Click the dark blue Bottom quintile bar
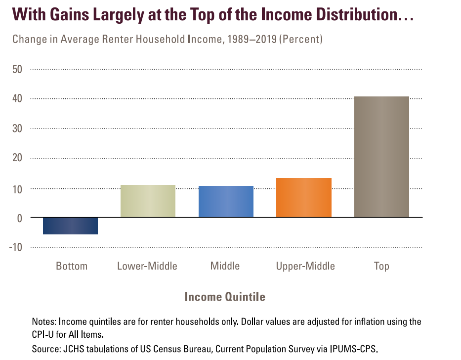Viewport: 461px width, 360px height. click(x=70, y=225)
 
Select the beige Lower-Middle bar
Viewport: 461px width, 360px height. click(x=148, y=201)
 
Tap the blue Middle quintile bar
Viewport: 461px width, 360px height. click(x=226, y=202)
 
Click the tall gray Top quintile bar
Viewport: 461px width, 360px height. click(x=381, y=157)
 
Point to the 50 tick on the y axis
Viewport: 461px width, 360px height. click(x=17, y=69)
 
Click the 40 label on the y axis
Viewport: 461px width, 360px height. click(x=17, y=99)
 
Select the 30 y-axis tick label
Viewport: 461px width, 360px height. click(x=17, y=129)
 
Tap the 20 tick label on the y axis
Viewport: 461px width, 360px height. click(x=17, y=158)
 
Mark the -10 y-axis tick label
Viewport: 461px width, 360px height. click(x=16, y=247)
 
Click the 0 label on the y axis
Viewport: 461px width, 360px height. click(x=20, y=218)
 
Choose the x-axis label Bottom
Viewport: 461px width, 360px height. click(x=71, y=266)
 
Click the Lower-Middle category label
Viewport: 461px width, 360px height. click(x=147, y=266)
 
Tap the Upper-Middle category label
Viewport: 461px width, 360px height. click(x=305, y=266)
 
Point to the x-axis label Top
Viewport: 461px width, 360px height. click(x=381, y=266)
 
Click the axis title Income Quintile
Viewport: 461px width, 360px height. click(x=225, y=297)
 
